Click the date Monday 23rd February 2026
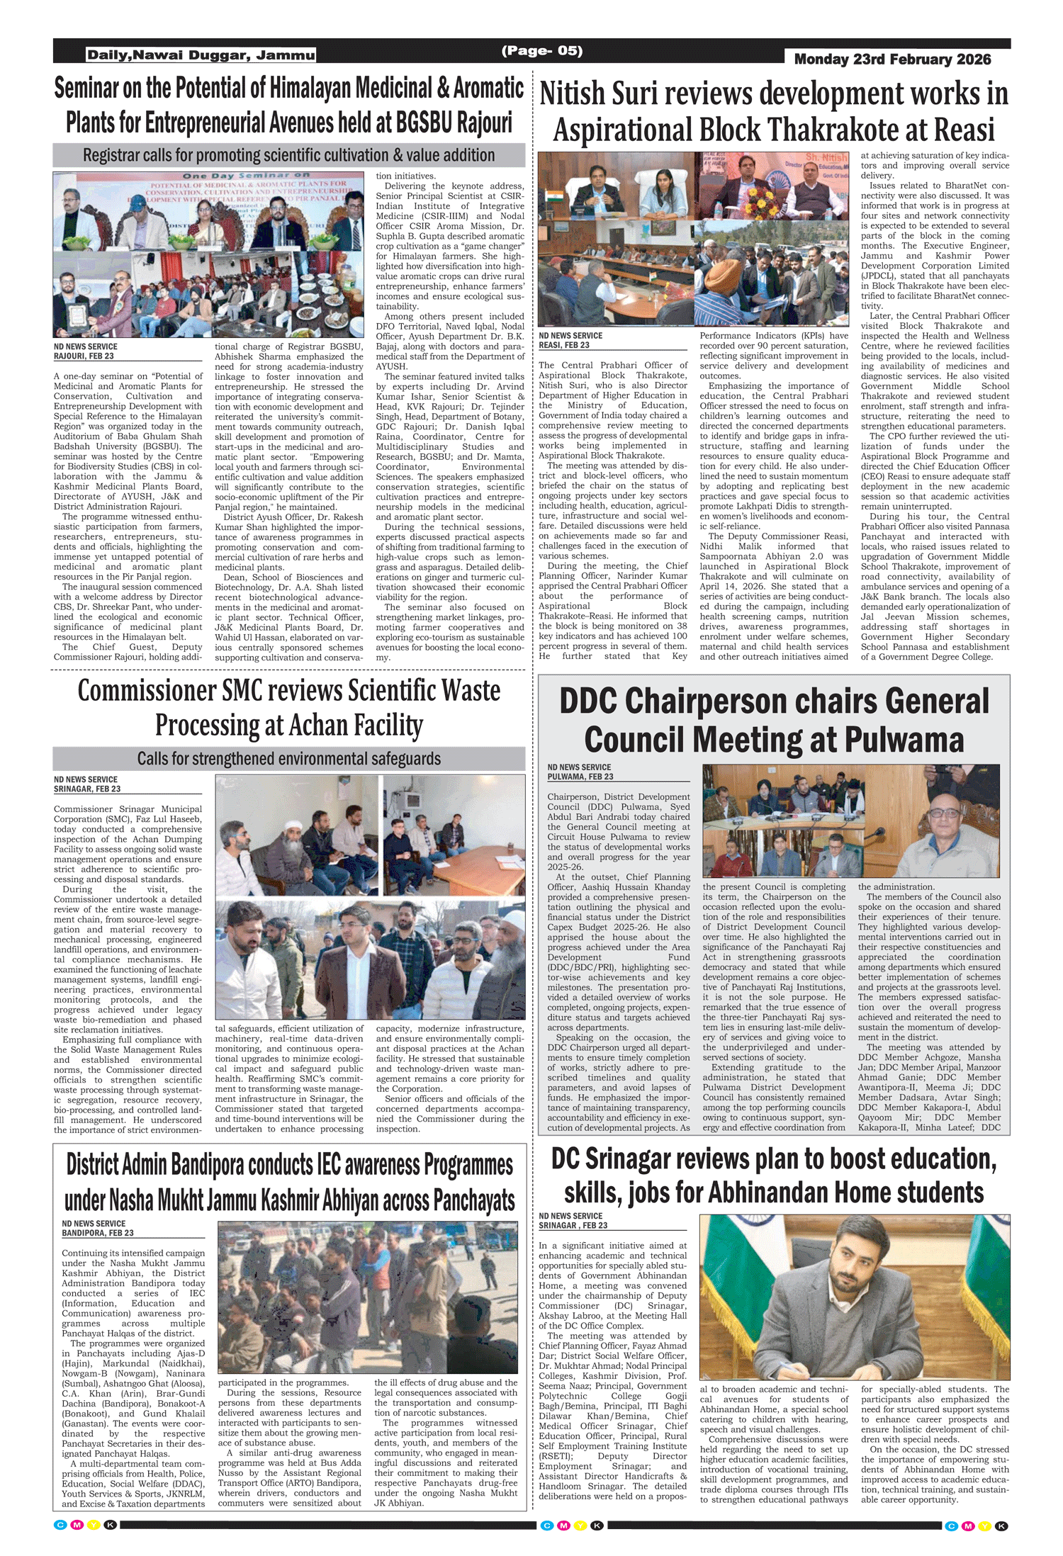pos(892,60)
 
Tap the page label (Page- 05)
pos(541,50)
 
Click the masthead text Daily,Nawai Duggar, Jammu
pos(201,55)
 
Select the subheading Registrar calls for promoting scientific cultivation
pos(288,155)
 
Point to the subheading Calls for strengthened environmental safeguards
pos(288,759)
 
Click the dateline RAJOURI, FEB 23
pos(84,356)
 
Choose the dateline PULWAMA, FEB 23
pos(580,777)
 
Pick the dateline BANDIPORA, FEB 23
pos(97,1233)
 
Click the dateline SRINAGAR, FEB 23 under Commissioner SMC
pos(86,789)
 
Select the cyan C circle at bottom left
pos(60,1525)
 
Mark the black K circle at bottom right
pos(1001,1526)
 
